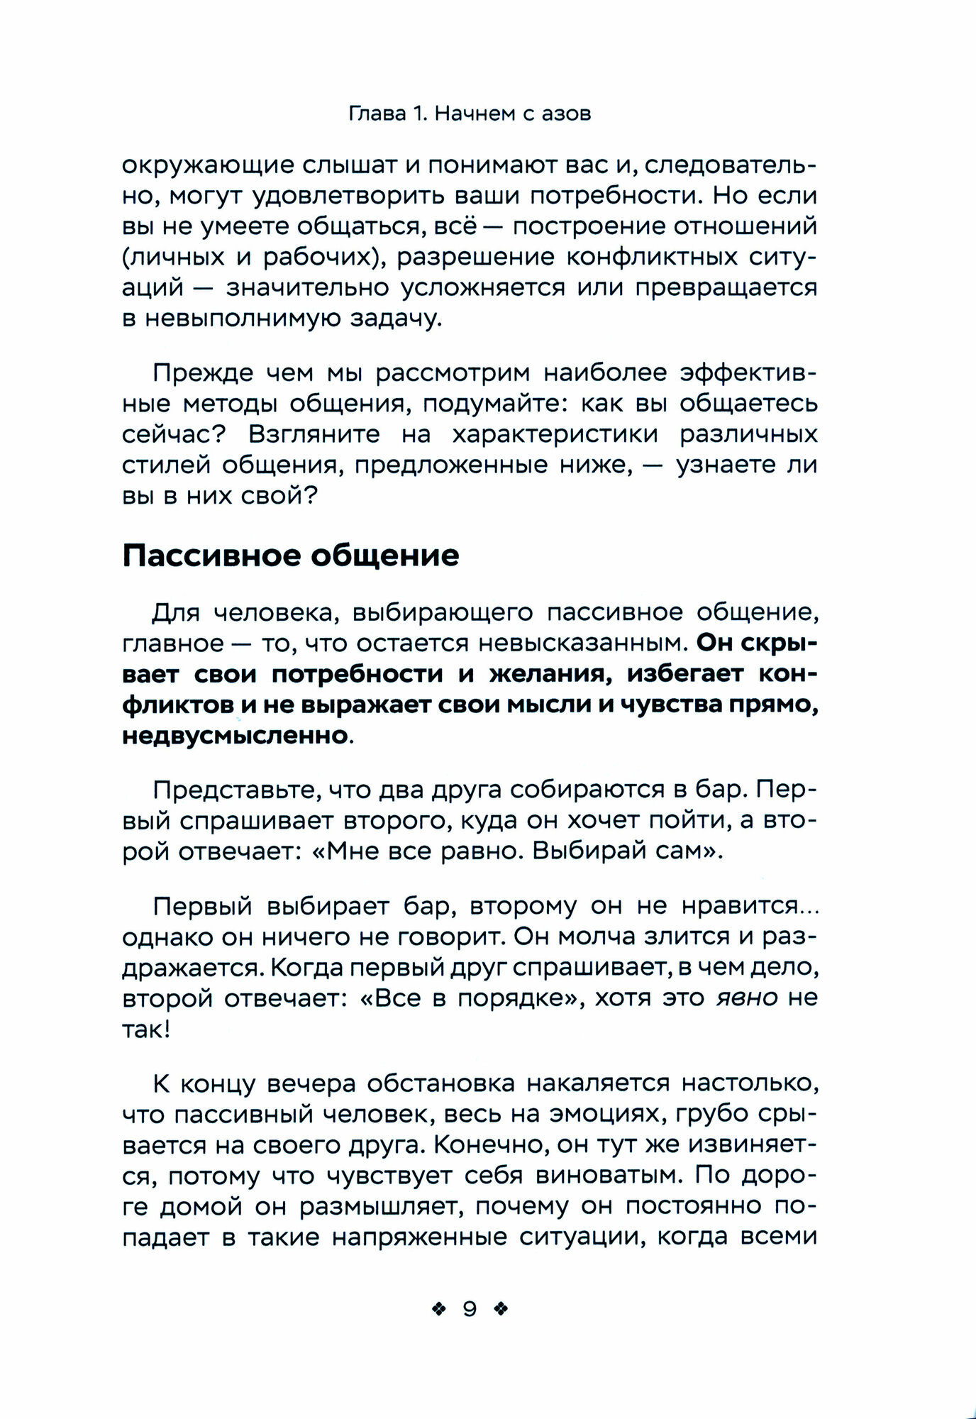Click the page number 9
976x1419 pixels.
pyautogui.click(x=470, y=1309)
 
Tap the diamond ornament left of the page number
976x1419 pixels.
pyautogui.click(x=439, y=1310)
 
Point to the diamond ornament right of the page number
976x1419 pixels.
pyautogui.click(x=501, y=1310)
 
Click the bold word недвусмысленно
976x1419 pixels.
pyautogui.click(x=235, y=735)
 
